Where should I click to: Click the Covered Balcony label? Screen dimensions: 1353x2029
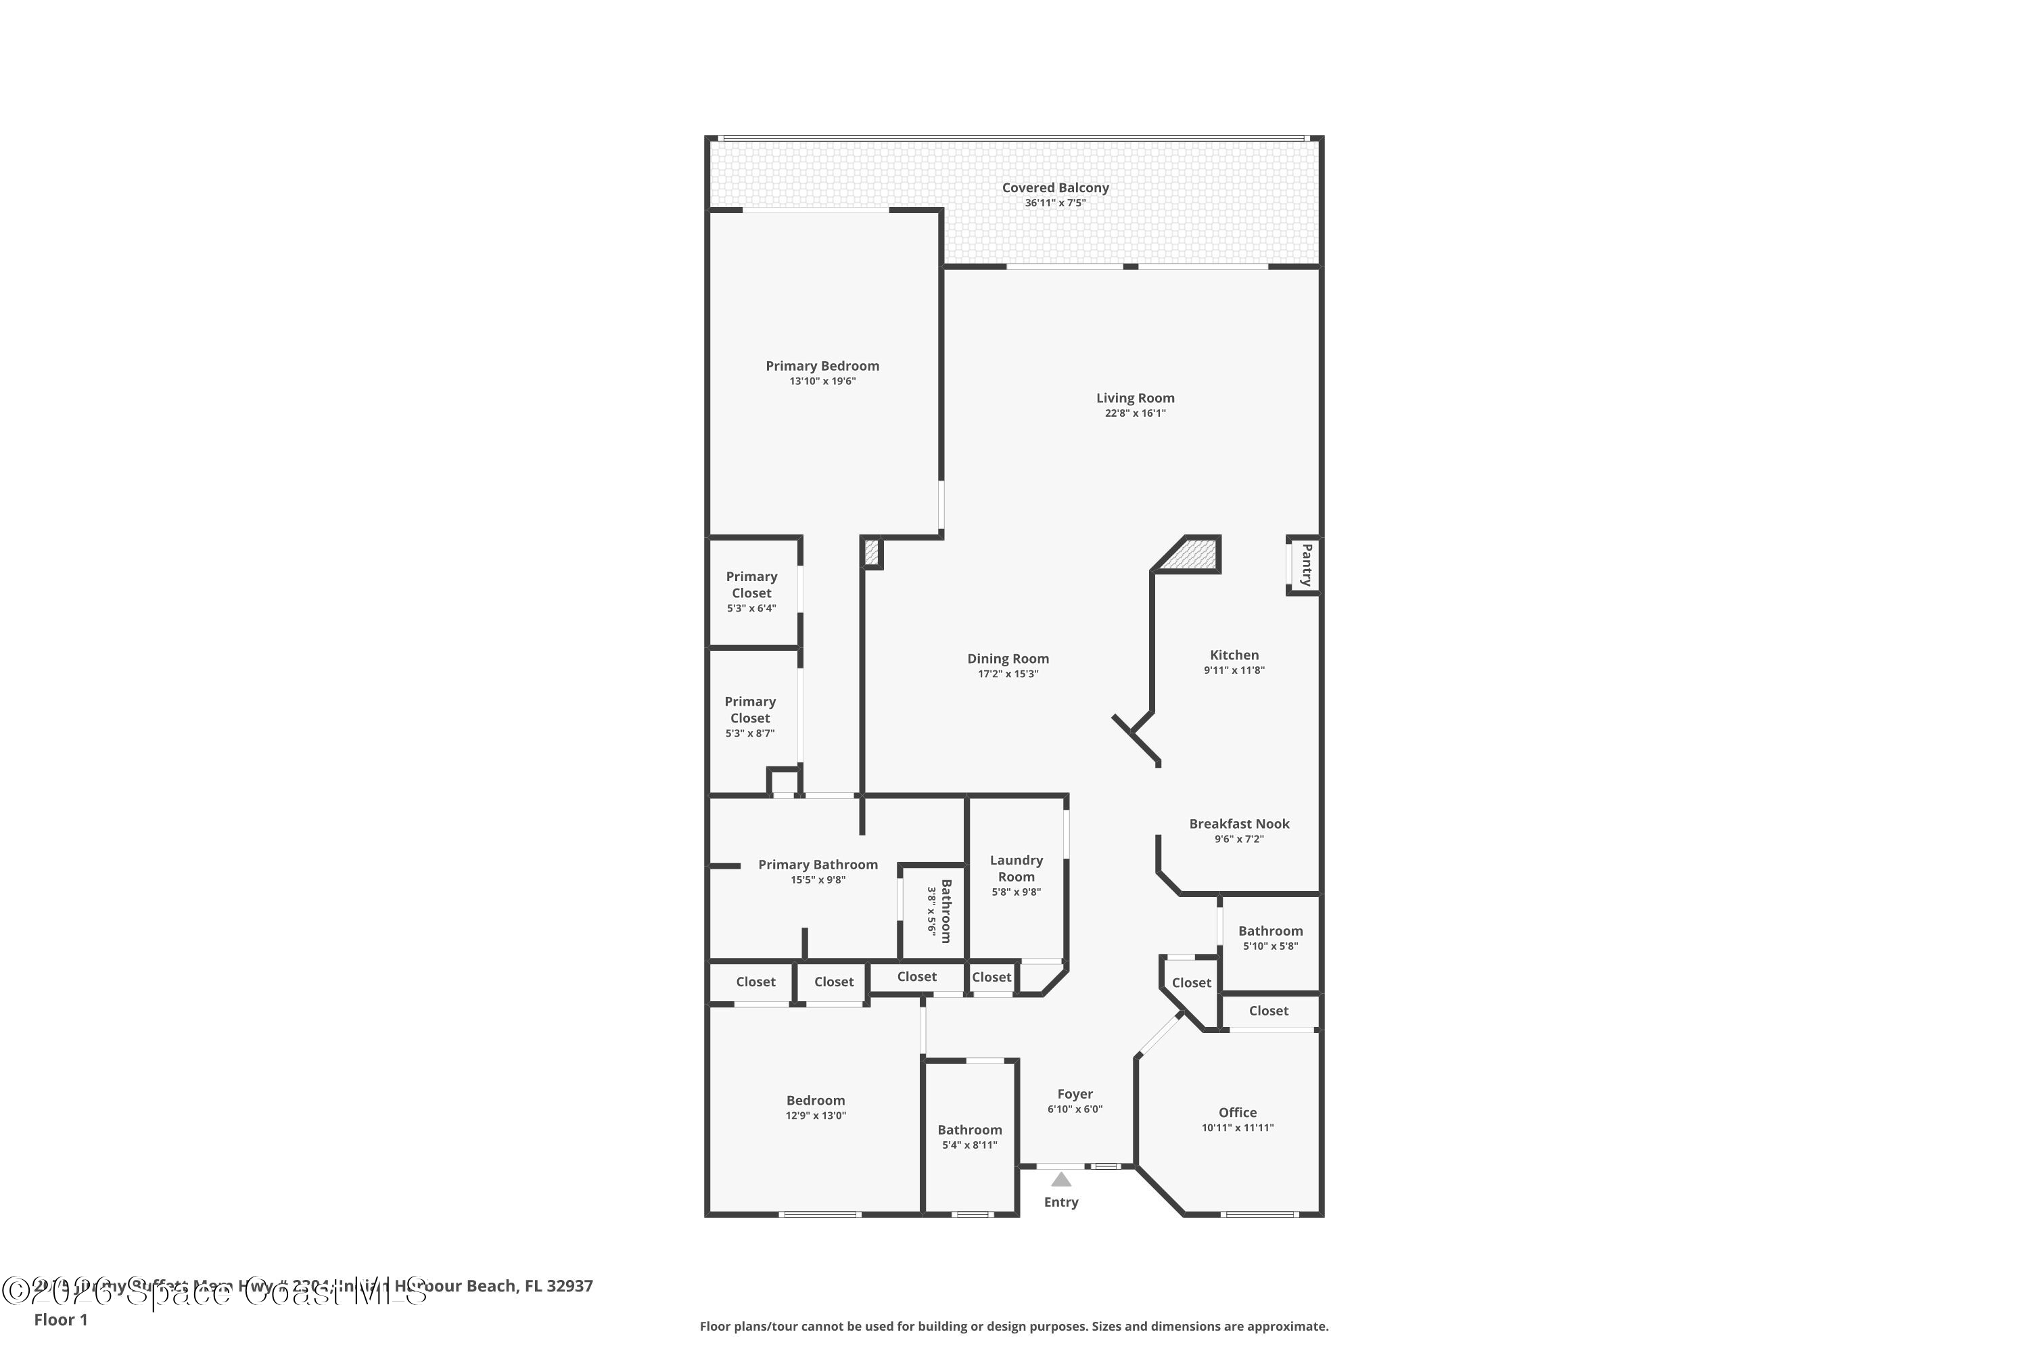click(x=1054, y=187)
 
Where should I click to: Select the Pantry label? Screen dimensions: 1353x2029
click(x=1306, y=565)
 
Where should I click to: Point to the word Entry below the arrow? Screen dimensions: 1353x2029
click(x=1060, y=1202)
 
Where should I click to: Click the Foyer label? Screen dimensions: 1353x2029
click(x=1074, y=1094)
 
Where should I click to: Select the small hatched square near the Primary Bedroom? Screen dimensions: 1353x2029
click(x=871, y=552)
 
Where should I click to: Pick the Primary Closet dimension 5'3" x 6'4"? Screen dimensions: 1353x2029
click(x=751, y=608)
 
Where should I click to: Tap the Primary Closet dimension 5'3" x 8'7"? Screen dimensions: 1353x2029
click(x=749, y=733)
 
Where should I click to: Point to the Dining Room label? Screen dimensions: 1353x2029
click(x=1007, y=659)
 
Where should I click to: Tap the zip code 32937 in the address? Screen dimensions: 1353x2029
click(x=569, y=1286)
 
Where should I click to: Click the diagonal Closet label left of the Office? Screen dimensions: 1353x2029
click(x=1190, y=983)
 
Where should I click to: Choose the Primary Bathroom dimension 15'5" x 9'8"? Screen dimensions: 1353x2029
click(x=817, y=880)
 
